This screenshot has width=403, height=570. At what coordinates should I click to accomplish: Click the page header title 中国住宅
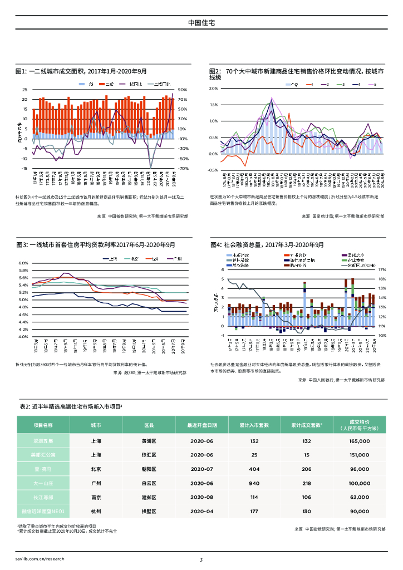coord(202,23)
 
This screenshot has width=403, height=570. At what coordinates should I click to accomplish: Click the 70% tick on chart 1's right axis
coord(183,99)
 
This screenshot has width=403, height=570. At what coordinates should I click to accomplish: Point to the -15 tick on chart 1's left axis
coord(24,168)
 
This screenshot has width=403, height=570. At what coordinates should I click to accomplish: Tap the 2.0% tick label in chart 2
coord(213,89)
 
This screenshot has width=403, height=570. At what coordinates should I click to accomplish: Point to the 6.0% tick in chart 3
coord(23,263)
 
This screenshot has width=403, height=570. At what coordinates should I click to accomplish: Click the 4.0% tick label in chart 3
coord(23,337)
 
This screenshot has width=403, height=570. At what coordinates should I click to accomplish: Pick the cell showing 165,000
coord(360,441)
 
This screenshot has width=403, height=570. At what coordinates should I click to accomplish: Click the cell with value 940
coord(254,483)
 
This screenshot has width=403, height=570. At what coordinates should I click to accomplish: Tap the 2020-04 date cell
coord(202,510)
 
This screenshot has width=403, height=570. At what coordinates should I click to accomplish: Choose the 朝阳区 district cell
coord(149,469)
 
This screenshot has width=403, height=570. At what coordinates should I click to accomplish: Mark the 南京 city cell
coord(96,497)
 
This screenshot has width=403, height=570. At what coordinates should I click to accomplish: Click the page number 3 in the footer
coord(202,560)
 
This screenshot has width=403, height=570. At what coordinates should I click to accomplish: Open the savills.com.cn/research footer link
coord(40,558)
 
